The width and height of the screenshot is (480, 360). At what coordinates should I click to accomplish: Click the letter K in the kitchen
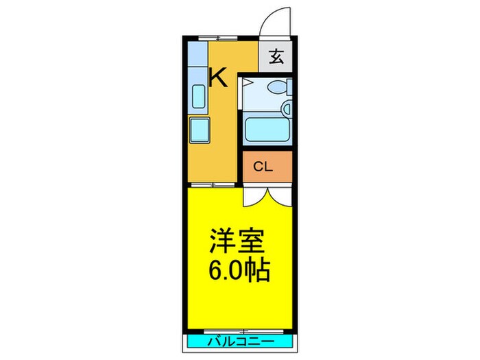tap(218, 77)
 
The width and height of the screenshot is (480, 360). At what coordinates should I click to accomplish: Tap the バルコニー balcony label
tap(240, 341)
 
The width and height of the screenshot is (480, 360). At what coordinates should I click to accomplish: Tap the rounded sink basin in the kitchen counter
tap(199, 97)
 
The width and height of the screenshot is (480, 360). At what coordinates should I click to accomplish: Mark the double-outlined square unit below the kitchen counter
tap(200, 129)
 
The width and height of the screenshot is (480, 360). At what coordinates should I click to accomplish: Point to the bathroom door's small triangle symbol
tap(248, 84)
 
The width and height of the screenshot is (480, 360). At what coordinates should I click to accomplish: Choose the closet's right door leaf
tap(282, 195)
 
